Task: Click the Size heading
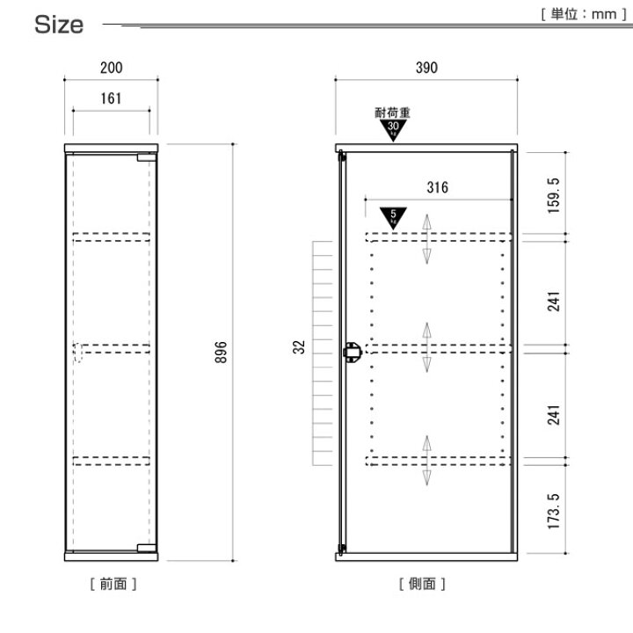59,25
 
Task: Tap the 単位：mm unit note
584,15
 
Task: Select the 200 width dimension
112,68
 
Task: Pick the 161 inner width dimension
111,98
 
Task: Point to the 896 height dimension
222,352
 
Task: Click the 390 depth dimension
426,68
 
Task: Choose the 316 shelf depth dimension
438,187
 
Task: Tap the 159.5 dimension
554,195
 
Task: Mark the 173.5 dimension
554,511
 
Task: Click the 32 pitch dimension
299,347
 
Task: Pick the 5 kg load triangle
393,218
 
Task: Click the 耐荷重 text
392,113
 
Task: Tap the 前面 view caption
113,584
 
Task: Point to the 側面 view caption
422,584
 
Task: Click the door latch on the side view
352,352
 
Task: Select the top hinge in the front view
147,157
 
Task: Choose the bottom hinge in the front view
147,548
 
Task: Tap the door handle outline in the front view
78,353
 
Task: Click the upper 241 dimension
554,302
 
